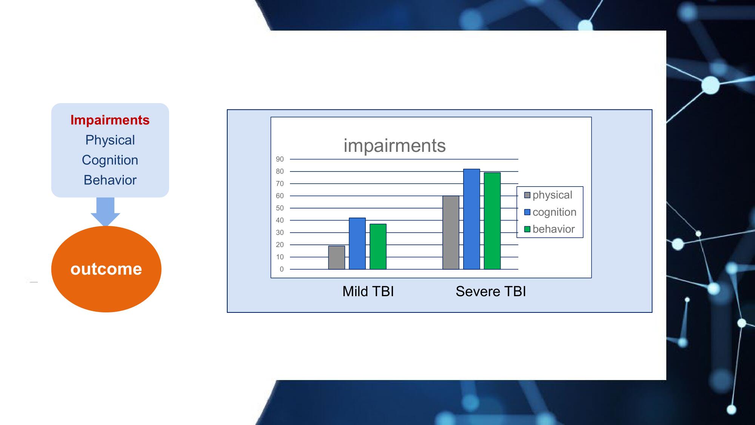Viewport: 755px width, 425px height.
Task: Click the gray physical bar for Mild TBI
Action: pyautogui.click(x=336, y=258)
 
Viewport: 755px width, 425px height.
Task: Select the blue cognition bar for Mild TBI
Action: pyautogui.click(x=357, y=244)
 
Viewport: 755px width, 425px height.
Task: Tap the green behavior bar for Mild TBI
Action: pyautogui.click(x=378, y=247)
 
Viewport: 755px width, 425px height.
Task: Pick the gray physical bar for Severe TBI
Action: pyautogui.click(x=451, y=233)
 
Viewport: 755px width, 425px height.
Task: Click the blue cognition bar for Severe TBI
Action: pyautogui.click(x=471, y=219)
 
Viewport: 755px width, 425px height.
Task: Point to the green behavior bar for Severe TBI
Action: pyautogui.click(x=492, y=221)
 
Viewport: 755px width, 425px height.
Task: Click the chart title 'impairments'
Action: pyautogui.click(x=394, y=146)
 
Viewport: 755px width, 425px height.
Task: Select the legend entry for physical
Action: pyautogui.click(x=548, y=195)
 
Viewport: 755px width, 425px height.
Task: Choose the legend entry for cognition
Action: pyautogui.click(x=550, y=212)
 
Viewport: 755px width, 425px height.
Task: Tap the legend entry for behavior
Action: pyautogui.click(x=549, y=229)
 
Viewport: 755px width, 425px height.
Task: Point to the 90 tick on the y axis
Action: pyautogui.click(x=280, y=159)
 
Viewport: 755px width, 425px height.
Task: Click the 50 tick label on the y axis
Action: pyautogui.click(x=280, y=208)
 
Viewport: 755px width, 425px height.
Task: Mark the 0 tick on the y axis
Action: pyautogui.click(x=282, y=269)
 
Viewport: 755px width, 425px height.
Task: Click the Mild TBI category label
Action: pyautogui.click(x=368, y=291)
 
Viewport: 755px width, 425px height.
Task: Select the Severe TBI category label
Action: pyautogui.click(x=491, y=291)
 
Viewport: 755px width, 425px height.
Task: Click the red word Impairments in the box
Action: pyautogui.click(x=110, y=120)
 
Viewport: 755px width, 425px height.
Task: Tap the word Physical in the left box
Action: pyautogui.click(x=110, y=140)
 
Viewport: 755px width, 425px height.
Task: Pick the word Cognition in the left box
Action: pyautogui.click(x=110, y=160)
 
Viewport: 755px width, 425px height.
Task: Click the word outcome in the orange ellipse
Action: pyautogui.click(x=106, y=269)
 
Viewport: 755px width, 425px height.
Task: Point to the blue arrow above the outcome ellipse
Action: pyautogui.click(x=105, y=212)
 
